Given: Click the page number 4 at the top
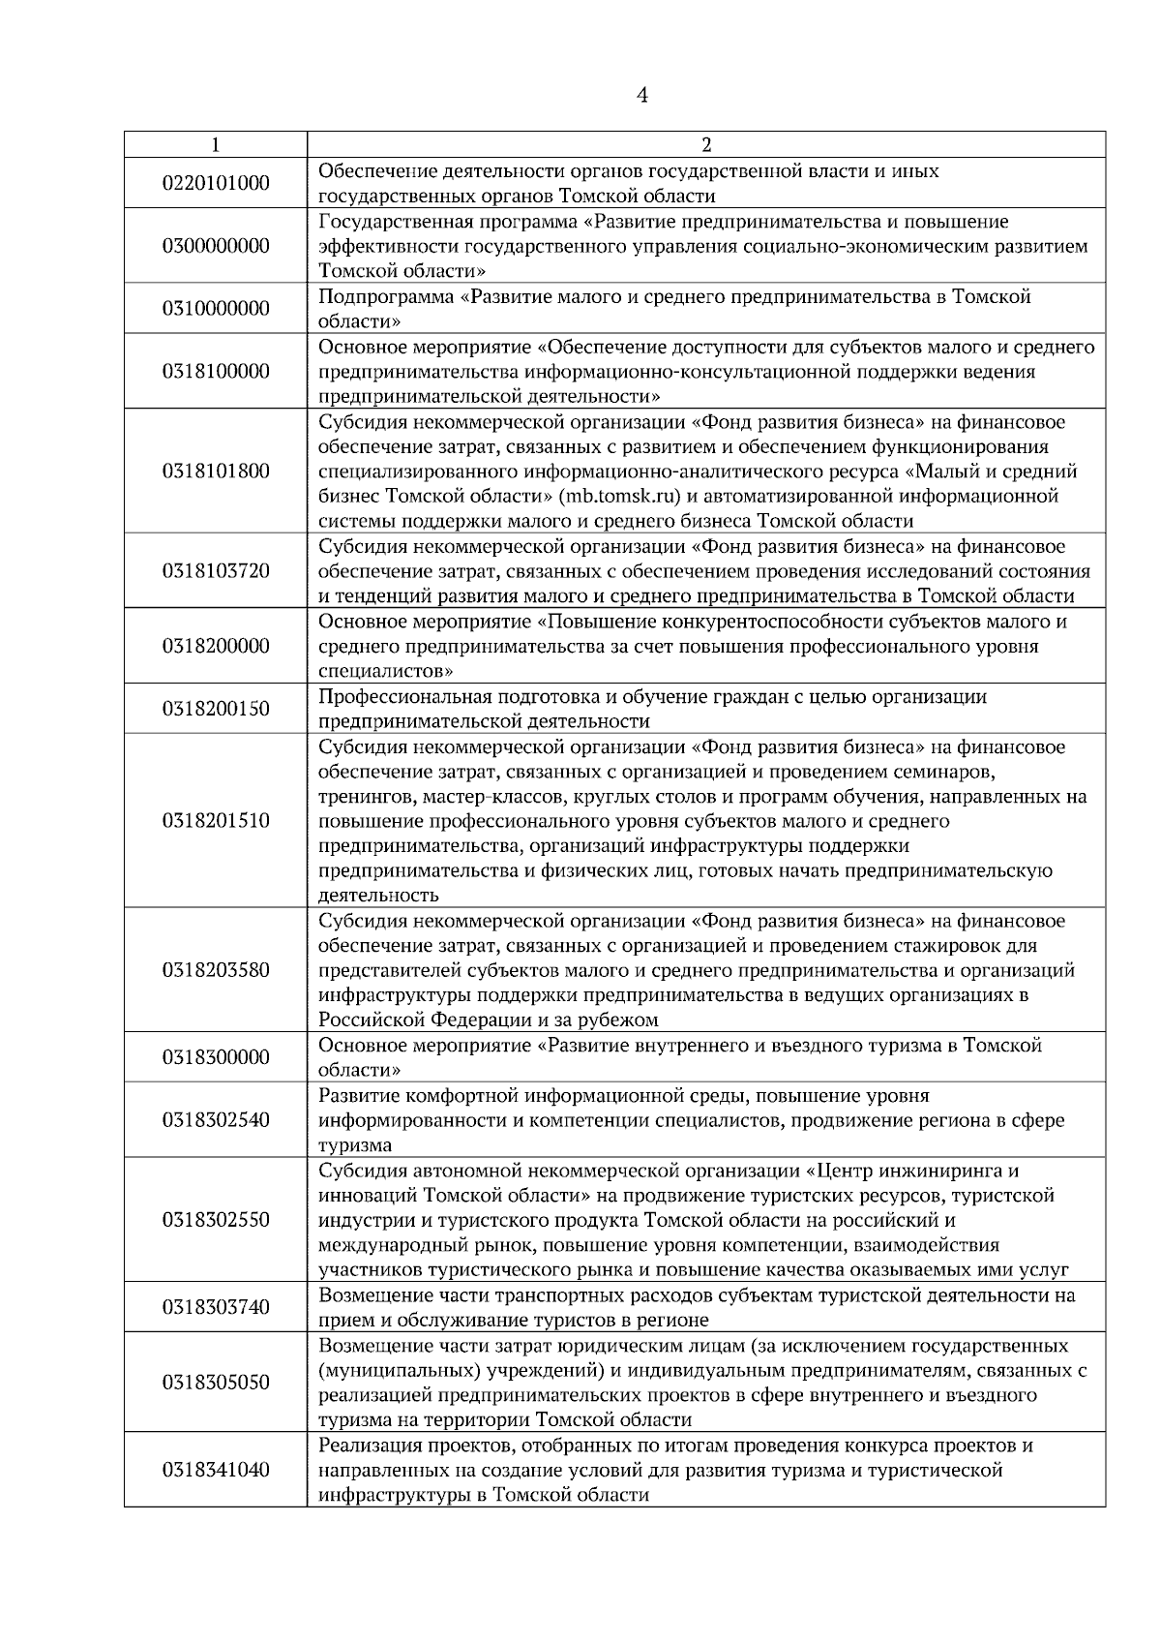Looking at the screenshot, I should click(x=642, y=95).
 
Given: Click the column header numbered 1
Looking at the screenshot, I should click(x=215, y=145).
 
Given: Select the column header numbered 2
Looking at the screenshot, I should click(x=705, y=145).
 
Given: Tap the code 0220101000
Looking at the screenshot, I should click(x=216, y=183).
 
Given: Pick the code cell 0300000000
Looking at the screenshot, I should click(x=216, y=246).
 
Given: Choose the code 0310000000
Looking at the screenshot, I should click(x=216, y=309).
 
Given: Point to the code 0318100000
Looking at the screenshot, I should click(x=216, y=372).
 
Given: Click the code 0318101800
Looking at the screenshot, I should click(x=216, y=472).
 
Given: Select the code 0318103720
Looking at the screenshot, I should click(x=216, y=571).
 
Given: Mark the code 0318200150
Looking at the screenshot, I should click(x=216, y=709).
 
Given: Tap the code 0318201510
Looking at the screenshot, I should click(x=216, y=821).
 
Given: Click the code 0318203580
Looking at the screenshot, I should click(x=216, y=970).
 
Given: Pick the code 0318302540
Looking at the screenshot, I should click(x=216, y=1120).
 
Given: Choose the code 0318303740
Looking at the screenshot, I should click(x=216, y=1308).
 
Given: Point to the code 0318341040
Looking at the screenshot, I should click(x=216, y=1470).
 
